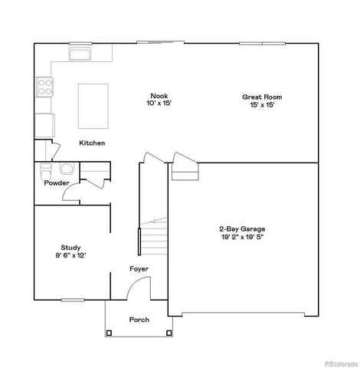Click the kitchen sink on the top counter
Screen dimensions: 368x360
pyautogui.click(x=79, y=54)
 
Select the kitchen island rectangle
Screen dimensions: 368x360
pyautogui.click(x=93, y=106)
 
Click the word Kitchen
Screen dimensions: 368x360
pyautogui.click(x=92, y=143)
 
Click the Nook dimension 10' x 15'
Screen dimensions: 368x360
pyautogui.click(x=159, y=105)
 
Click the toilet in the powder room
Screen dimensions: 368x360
pyautogui.click(x=45, y=169)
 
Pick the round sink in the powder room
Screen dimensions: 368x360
pyautogui.click(x=66, y=169)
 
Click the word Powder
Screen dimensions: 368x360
pyautogui.click(x=57, y=184)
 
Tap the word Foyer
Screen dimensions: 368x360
pyautogui.click(x=139, y=269)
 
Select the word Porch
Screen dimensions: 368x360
pyautogui.click(x=139, y=320)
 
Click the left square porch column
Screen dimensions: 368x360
pyautogui.click(x=109, y=333)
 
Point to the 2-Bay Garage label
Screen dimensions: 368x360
pyautogui.click(x=243, y=229)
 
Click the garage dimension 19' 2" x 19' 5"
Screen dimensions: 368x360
pyautogui.click(x=243, y=238)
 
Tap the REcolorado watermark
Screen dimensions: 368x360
pyautogui.click(x=336, y=363)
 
